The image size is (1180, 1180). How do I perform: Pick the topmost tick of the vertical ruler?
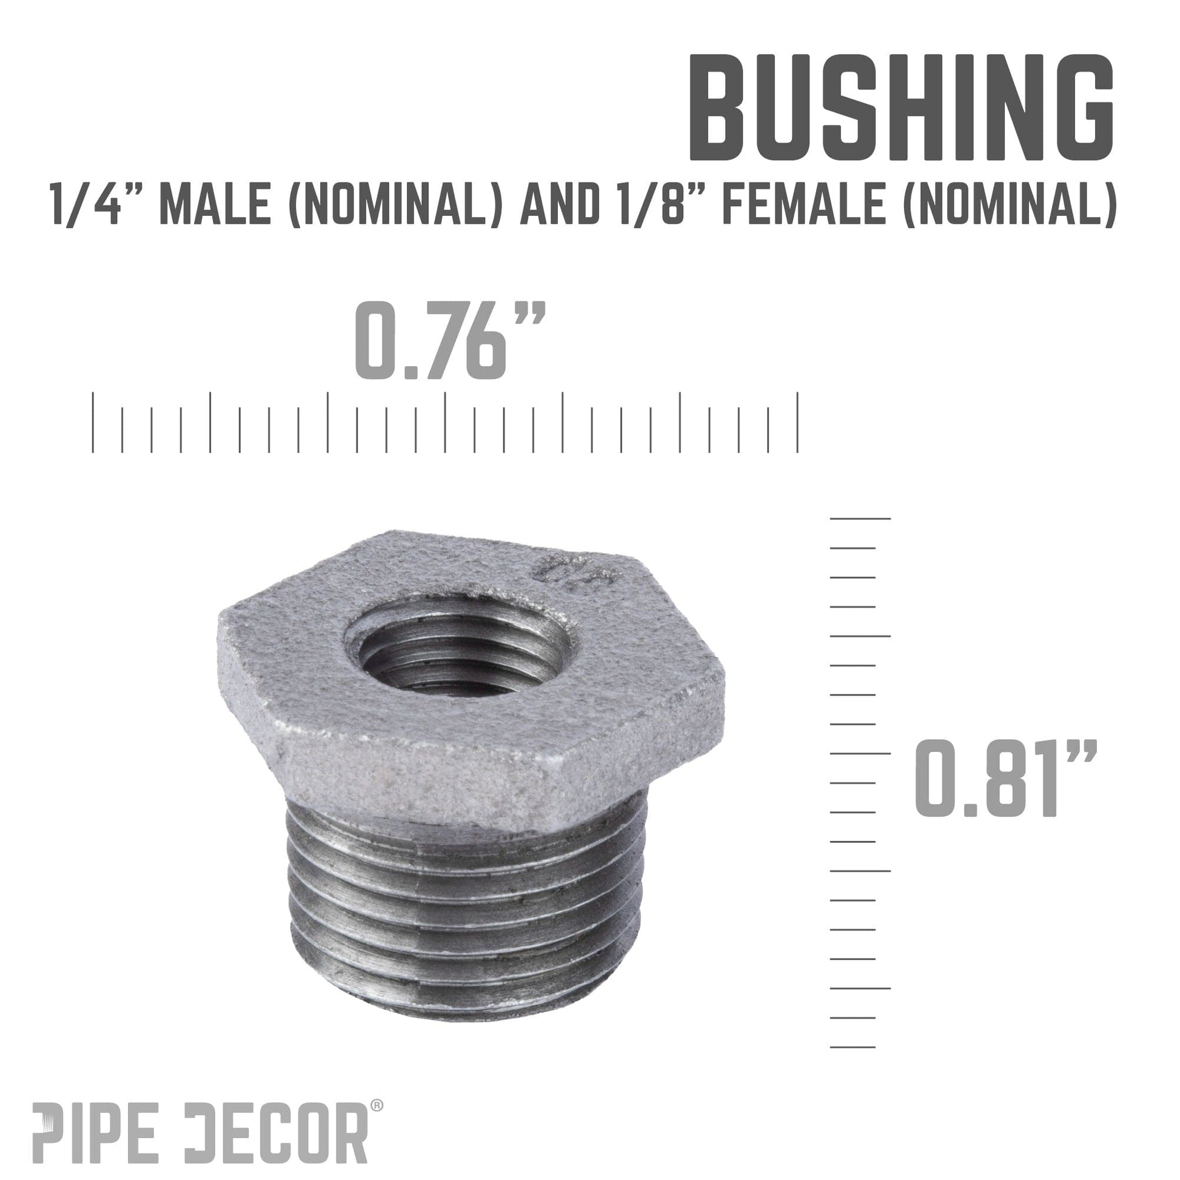(859, 518)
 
